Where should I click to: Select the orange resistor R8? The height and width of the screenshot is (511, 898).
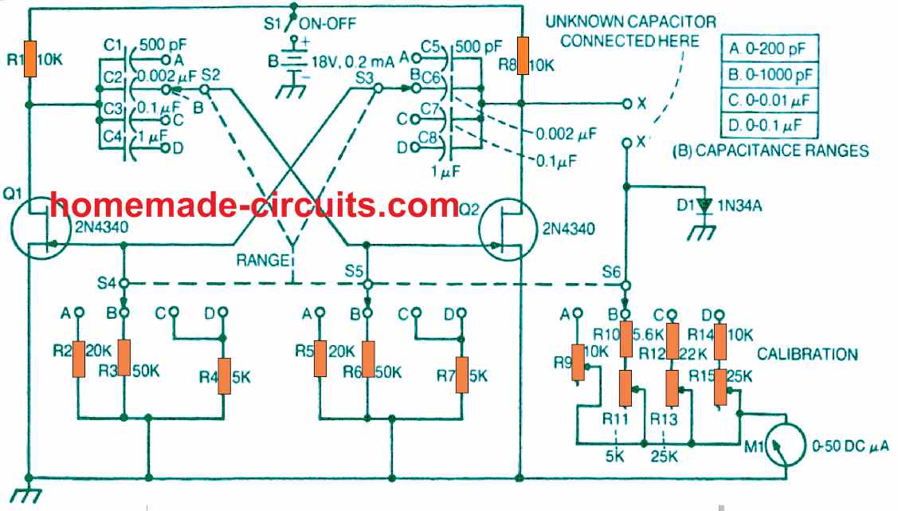(x=523, y=57)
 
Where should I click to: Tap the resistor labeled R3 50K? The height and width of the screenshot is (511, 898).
(x=124, y=360)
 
